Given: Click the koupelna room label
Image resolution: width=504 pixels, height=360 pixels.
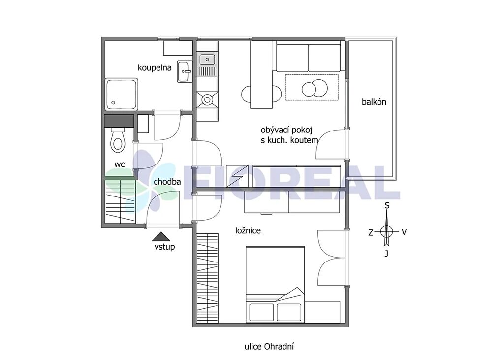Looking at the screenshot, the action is pyautogui.click(x=154, y=68).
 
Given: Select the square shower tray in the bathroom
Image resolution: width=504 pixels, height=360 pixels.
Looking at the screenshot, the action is pyautogui.click(x=121, y=94).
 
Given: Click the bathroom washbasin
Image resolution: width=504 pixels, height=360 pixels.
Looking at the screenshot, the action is pyautogui.click(x=185, y=71).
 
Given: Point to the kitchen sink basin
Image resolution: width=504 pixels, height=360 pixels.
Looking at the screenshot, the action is pyautogui.click(x=207, y=60).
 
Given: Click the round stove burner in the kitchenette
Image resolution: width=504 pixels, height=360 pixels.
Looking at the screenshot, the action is pyautogui.click(x=207, y=100).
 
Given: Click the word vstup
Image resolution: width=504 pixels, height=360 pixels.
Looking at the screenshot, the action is pyautogui.click(x=164, y=247).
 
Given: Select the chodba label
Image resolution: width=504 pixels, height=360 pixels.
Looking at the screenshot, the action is pyautogui.click(x=167, y=182).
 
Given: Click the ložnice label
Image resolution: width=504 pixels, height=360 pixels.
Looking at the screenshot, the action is pyautogui.click(x=248, y=230).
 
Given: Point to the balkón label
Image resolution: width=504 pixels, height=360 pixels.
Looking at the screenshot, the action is pyautogui.click(x=374, y=102).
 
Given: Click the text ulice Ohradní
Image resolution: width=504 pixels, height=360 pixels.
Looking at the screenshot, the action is pyautogui.click(x=269, y=347).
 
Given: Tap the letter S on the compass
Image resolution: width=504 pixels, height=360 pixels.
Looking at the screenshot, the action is pyautogui.click(x=387, y=205).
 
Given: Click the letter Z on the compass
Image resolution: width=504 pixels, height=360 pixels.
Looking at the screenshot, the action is pyautogui.click(x=371, y=232).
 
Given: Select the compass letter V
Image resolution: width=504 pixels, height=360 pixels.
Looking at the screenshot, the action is pyautogui.click(x=404, y=232).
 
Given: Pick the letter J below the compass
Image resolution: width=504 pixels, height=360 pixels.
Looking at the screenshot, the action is pyautogui.click(x=387, y=254).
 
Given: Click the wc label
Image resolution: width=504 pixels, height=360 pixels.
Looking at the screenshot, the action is pyautogui.click(x=120, y=164).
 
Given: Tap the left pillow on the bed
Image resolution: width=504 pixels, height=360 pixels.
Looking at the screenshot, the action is pyautogui.click(x=261, y=312).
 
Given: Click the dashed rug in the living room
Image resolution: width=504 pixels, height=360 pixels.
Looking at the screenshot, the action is pyautogui.click(x=312, y=87).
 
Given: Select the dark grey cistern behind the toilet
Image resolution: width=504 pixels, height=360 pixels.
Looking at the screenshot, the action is pyautogui.click(x=119, y=121).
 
